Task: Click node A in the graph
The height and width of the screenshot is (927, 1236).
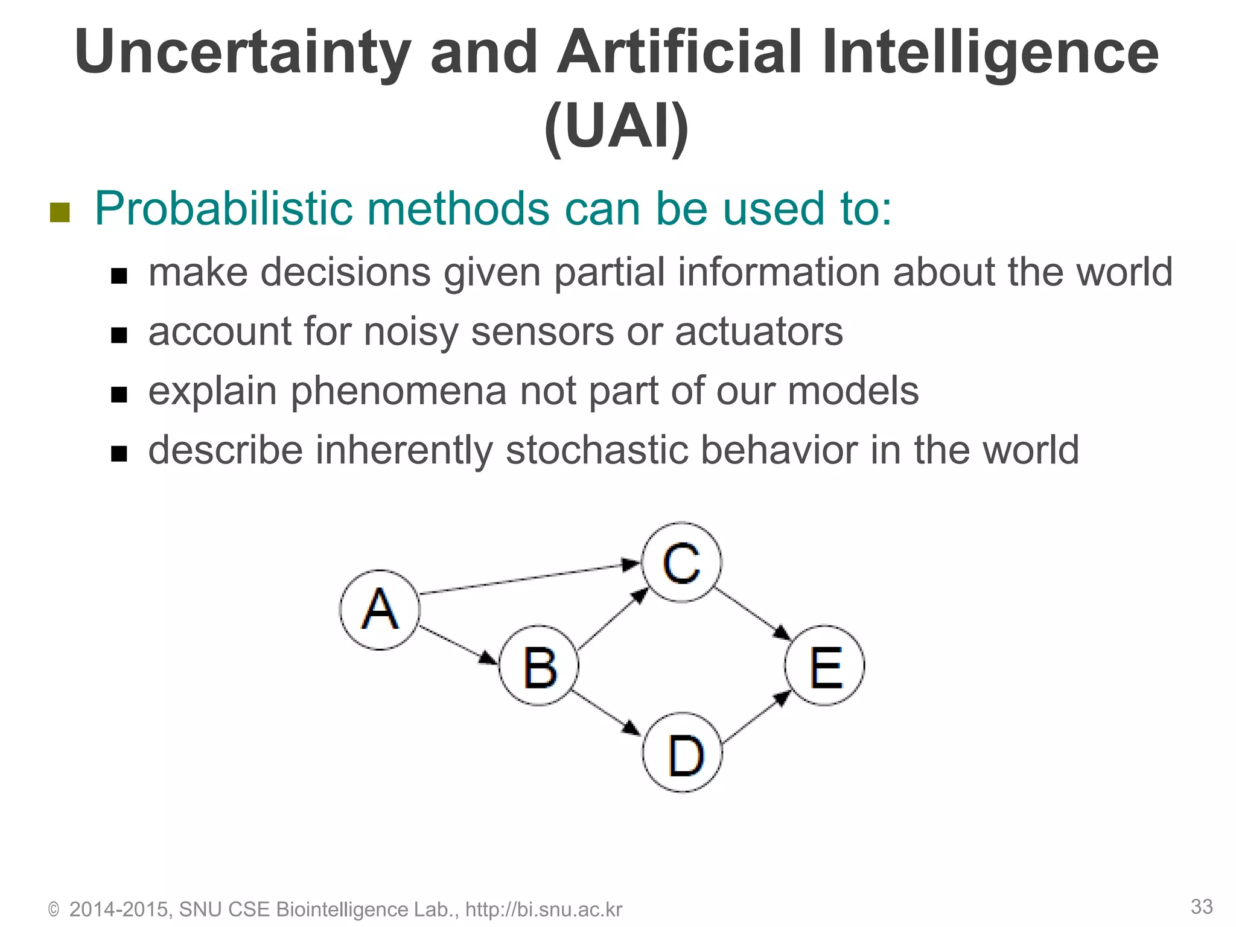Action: click(380, 610)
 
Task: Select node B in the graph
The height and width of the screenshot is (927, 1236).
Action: click(539, 666)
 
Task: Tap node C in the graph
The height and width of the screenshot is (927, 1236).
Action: click(681, 562)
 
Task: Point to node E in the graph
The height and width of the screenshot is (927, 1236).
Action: click(825, 666)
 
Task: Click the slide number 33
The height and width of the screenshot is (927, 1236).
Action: click(1202, 906)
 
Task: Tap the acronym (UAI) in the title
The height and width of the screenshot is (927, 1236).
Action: click(616, 127)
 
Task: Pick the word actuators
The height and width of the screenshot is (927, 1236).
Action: click(759, 331)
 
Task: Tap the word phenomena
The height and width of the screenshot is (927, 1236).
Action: click(399, 390)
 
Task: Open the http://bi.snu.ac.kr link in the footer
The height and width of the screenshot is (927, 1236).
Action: click(543, 909)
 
